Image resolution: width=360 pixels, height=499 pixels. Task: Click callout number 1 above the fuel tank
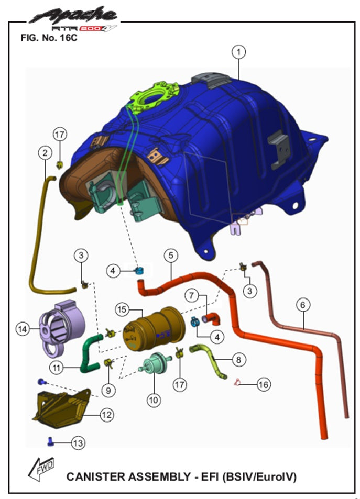238,51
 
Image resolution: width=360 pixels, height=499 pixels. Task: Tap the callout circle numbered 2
45,153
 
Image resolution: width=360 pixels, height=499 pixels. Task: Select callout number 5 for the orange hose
171,255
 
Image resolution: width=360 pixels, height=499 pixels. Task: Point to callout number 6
303,305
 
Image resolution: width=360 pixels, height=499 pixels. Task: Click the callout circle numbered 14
23,329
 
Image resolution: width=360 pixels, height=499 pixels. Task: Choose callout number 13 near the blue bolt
78,443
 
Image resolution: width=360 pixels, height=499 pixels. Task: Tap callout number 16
264,384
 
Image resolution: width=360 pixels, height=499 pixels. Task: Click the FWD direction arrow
41,469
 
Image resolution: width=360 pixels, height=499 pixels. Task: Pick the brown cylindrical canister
154,328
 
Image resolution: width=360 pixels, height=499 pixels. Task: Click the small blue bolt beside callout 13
50,441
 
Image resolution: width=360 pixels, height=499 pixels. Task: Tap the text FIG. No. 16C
49,38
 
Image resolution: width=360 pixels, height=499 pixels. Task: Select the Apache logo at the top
73,19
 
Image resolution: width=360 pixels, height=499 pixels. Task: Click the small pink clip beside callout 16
237,382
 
